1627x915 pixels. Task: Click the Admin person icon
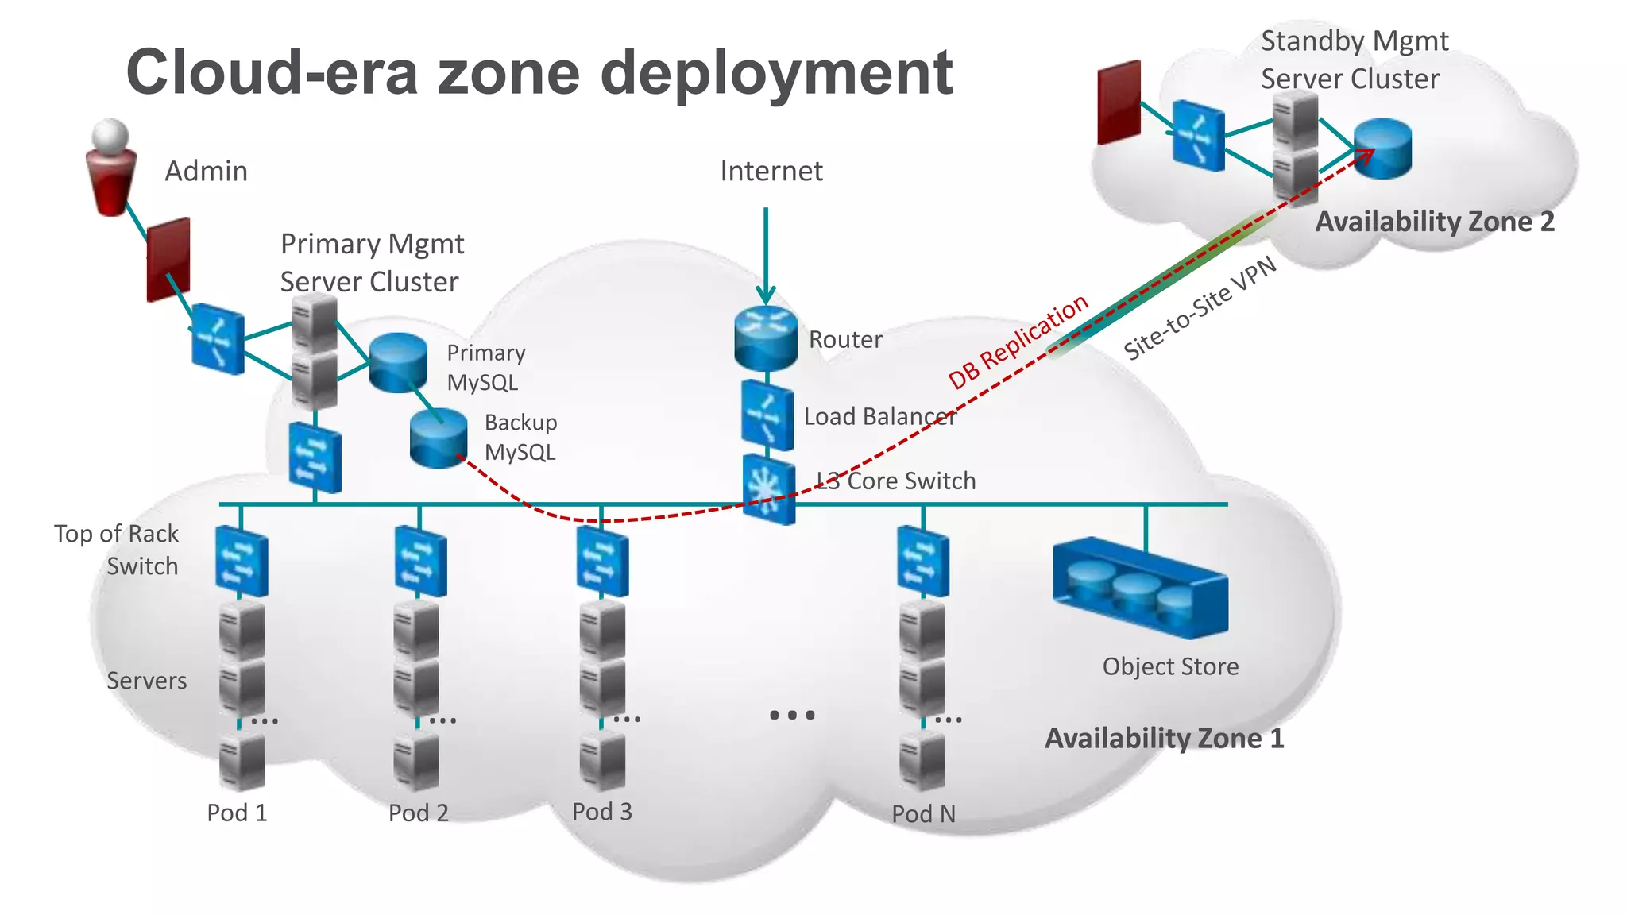pos(110,168)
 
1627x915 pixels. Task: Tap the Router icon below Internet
pos(765,338)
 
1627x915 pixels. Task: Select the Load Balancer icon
pos(767,415)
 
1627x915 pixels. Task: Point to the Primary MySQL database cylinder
pos(398,362)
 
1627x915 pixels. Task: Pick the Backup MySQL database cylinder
pos(438,438)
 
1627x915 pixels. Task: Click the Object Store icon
pos(1140,589)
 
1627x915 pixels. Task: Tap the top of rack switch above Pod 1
pos(241,562)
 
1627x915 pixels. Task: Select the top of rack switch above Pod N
pos(922,562)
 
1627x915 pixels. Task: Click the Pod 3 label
pos(602,812)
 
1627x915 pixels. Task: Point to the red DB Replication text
pos(1018,342)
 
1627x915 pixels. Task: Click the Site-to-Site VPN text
pos(1200,308)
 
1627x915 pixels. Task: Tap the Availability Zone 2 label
pos(1435,222)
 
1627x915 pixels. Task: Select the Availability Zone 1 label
pos(1164,739)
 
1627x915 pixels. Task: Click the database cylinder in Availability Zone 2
pos(1382,149)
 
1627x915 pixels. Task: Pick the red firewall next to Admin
pos(168,259)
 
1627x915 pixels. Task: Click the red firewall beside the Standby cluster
pos(1119,102)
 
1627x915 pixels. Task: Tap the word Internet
pos(771,171)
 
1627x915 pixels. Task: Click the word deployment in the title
pos(776,73)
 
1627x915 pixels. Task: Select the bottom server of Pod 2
pos(416,761)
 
